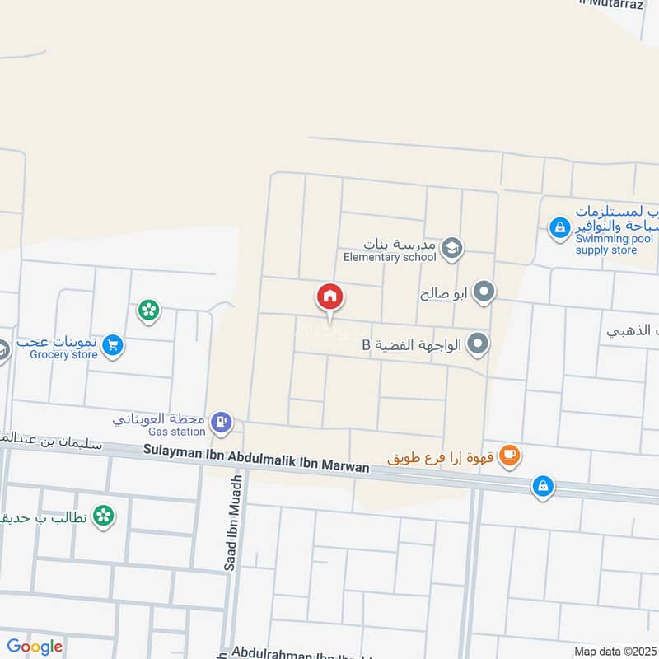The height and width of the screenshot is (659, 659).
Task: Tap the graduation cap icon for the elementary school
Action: (451, 247)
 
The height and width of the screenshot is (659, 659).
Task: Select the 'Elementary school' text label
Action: (390, 257)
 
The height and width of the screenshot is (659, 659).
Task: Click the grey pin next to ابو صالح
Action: (485, 292)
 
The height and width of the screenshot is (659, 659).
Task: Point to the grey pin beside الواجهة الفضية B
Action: (478, 344)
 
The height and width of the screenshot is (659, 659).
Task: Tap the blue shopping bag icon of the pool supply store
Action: (560, 227)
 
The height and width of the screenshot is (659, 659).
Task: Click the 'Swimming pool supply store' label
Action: (606, 244)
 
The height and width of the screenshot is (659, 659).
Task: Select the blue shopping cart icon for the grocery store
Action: (114, 346)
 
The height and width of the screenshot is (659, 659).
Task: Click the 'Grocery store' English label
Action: (63, 355)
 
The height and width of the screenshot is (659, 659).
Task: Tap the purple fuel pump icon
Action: (221, 423)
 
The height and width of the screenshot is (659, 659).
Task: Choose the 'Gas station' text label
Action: (176, 432)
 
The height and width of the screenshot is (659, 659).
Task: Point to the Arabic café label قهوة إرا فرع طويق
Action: (441, 456)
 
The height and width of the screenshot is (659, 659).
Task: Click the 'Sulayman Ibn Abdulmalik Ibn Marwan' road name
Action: (255, 459)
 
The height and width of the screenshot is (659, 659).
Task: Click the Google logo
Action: (35, 647)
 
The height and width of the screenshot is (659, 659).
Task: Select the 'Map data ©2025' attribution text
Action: (614, 651)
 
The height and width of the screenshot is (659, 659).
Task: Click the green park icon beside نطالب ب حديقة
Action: (103, 516)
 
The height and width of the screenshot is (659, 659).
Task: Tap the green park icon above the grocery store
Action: (149, 311)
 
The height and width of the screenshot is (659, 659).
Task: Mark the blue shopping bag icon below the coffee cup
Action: (542, 485)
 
